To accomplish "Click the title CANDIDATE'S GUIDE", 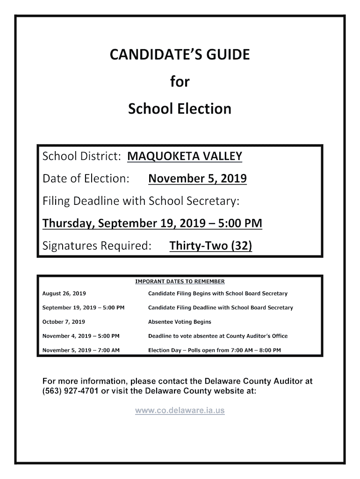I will click(180, 55).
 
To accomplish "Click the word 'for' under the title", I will click(180, 82).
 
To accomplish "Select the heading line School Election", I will click(180, 109).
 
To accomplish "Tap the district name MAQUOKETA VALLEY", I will click(185, 156).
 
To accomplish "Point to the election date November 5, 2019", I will click(197, 178).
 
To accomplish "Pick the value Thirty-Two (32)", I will click(210, 246).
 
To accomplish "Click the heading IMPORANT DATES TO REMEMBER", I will click(180, 282).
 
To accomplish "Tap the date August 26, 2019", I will click(64, 294).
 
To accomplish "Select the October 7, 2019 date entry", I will click(64, 322).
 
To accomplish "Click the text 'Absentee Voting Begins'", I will click(180, 322).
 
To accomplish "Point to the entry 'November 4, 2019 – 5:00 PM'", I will click(81, 336).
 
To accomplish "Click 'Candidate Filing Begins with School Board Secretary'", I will click(217, 294).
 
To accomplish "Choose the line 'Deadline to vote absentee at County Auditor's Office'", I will click(217, 336).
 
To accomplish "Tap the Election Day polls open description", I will click(215, 350).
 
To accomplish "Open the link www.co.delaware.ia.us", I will click(180, 411).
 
